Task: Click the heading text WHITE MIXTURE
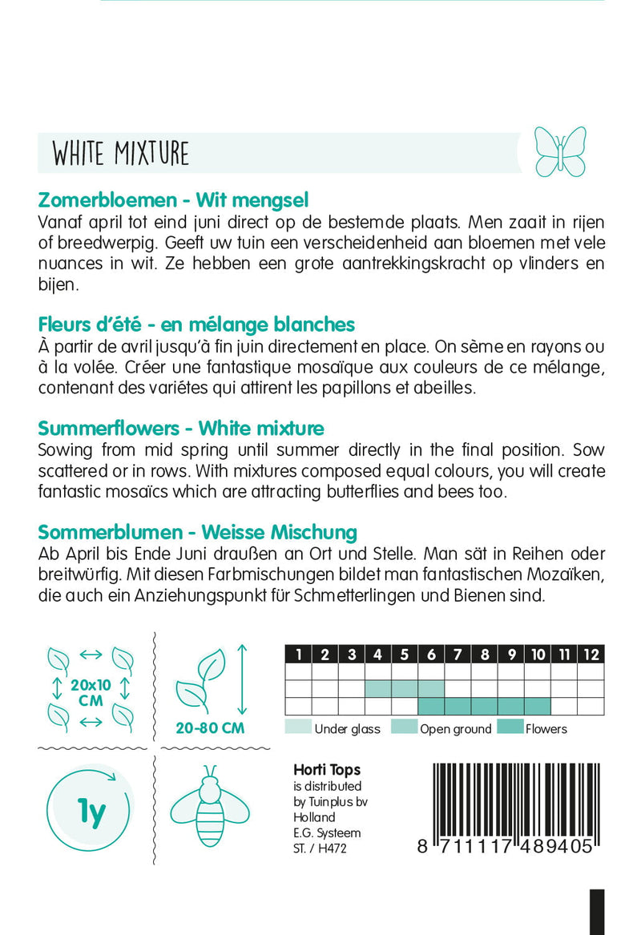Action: click(121, 153)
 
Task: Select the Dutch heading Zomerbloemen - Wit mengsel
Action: click(173, 200)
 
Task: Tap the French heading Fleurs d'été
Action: click(196, 324)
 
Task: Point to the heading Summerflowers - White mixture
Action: click(181, 428)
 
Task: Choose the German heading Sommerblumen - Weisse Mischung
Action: click(197, 532)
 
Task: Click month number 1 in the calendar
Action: click(298, 655)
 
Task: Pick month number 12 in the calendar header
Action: click(591, 655)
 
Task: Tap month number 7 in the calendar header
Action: click(458, 655)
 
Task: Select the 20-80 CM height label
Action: click(211, 728)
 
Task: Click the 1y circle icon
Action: click(91, 814)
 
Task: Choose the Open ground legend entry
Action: click(455, 728)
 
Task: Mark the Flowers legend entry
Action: click(546, 728)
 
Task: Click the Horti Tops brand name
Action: click(327, 770)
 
